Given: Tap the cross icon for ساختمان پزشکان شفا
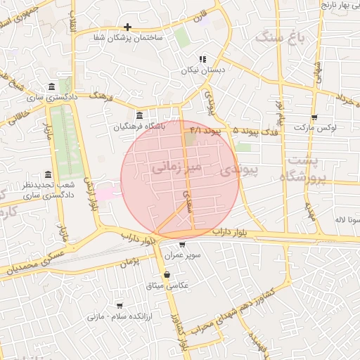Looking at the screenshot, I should [x=127, y=27].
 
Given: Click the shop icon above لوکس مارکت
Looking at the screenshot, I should [x=314, y=117].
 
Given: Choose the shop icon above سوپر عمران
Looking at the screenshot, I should [x=183, y=245].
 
